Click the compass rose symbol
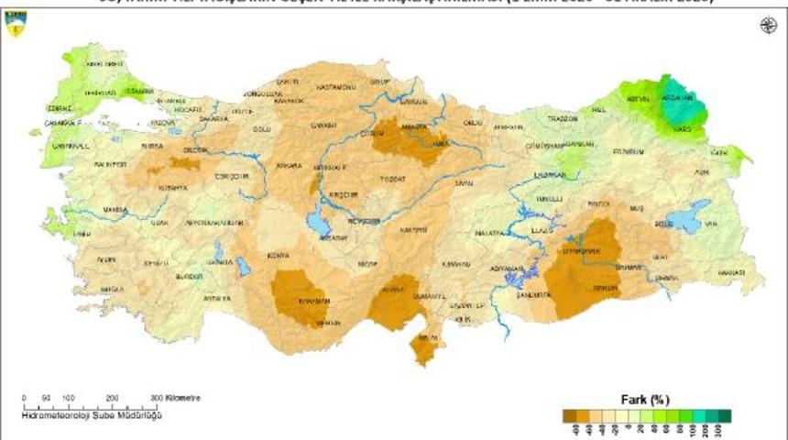[767, 25]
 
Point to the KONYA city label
[279, 256]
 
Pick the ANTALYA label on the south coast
[218, 299]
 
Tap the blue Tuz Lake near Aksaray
[318, 220]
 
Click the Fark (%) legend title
[646, 400]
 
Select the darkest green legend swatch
[725, 415]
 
